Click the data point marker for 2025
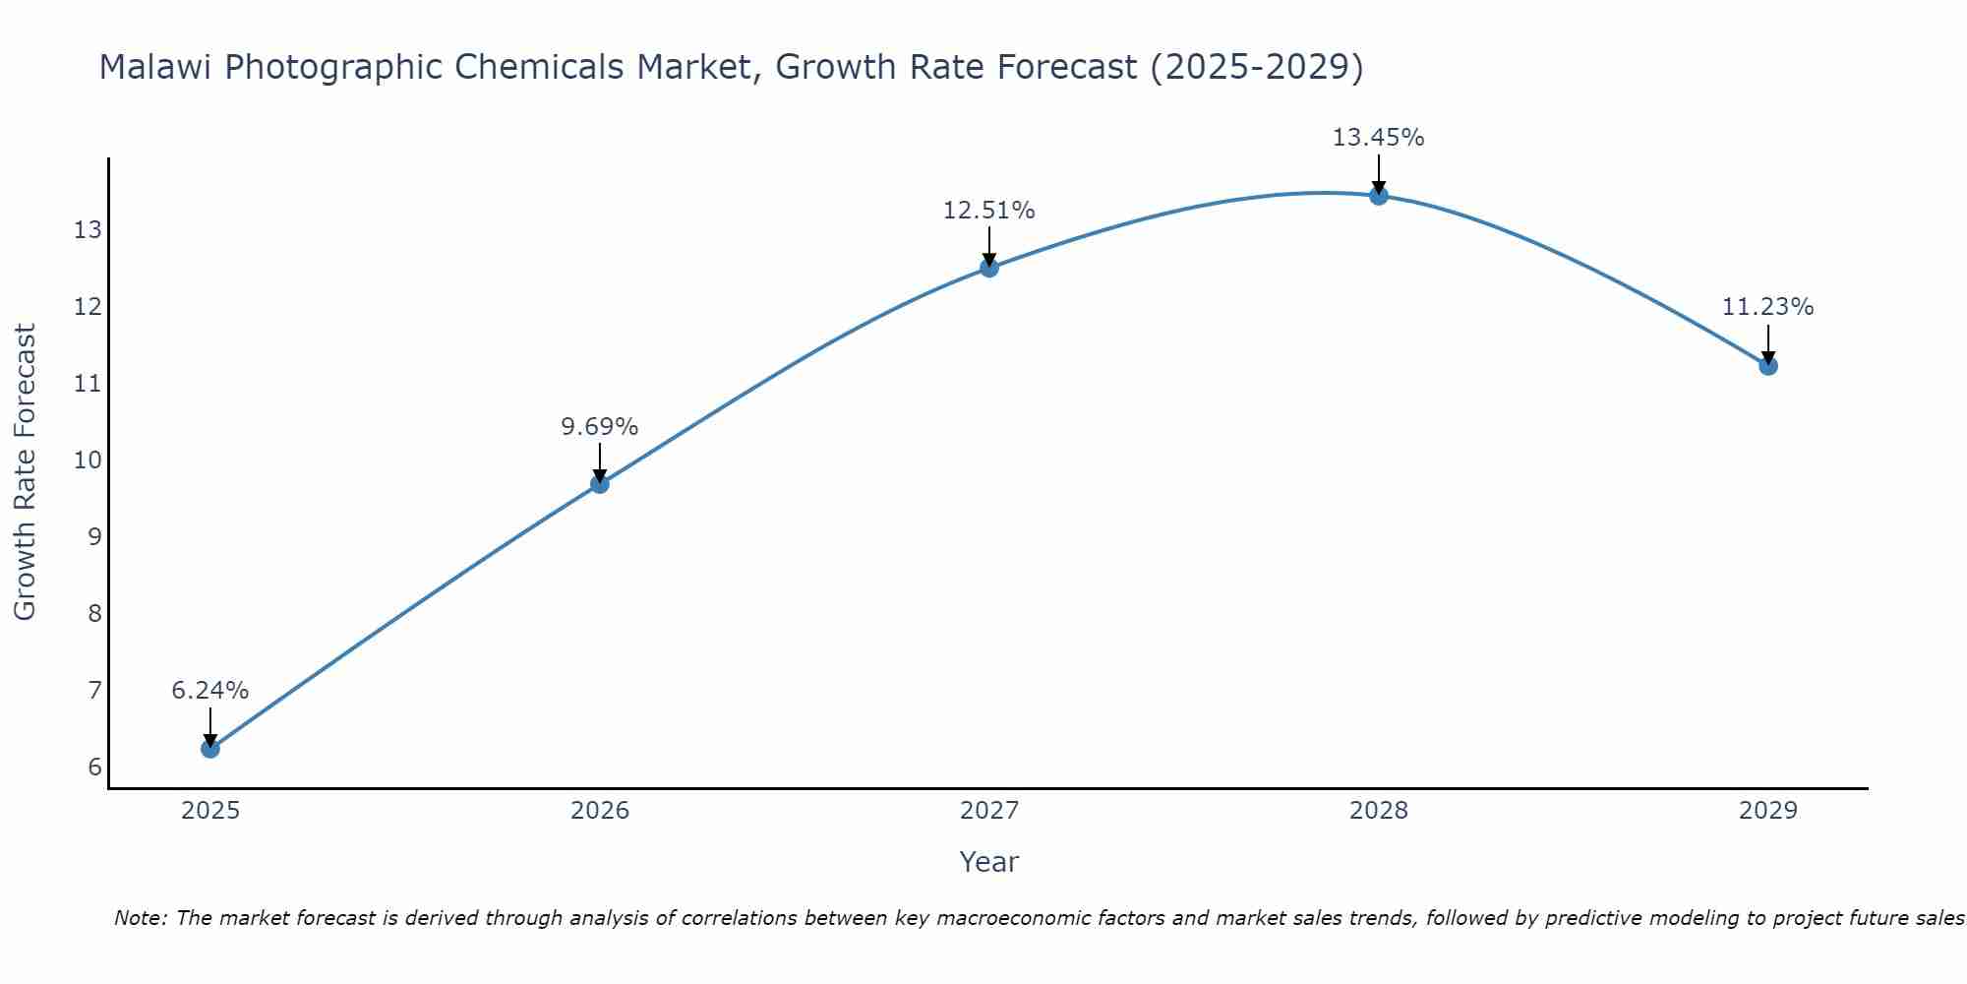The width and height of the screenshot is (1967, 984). click(210, 748)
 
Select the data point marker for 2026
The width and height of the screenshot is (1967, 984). click(600, 483)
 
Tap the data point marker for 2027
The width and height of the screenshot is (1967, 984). click(989, 268)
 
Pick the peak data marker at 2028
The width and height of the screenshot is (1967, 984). click(1379, 195)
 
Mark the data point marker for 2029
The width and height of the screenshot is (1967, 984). click(1768, 366)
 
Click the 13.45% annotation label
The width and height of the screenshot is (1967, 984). click(1378, 138)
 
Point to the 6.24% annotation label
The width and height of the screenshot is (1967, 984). click(210, 691)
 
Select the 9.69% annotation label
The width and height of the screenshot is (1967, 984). click(600, 427)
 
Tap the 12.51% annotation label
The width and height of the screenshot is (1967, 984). click(988, 211)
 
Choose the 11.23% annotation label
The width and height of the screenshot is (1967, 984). click(1767, 307)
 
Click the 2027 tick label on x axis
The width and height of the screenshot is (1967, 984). click(989, 811)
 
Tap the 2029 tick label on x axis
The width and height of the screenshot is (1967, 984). click(1768, 811)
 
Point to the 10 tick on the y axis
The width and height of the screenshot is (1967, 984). click(88, 461)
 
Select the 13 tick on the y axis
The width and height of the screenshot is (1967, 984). click(88, 230)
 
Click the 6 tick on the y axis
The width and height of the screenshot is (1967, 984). click(94, 768)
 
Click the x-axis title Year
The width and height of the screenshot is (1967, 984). click(988, 862)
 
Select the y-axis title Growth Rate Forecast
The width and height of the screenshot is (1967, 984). click(26, 472)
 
